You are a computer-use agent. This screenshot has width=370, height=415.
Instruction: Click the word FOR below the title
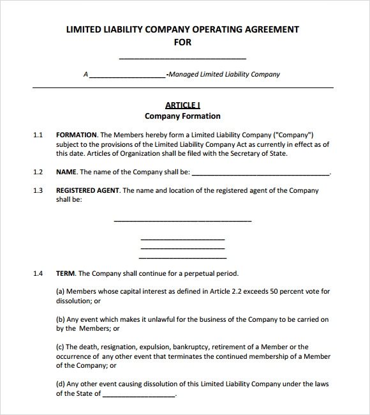tap(182, 42)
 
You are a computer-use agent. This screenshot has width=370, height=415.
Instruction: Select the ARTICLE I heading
tap(182, 105)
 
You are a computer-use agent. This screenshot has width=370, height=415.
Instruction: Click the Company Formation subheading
tap(182, 116)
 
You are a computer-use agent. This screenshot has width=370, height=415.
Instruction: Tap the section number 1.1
tap(38, 135)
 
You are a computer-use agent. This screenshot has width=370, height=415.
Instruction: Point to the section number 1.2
tap(38, 172)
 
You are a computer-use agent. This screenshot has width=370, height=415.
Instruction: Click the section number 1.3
tap(38, 190)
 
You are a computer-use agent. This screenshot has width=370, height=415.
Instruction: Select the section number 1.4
tap(38, 273)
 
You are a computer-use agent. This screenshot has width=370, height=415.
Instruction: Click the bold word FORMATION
tap(77, 135)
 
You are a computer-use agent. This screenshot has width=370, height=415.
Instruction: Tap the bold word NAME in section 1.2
tap(66, 172)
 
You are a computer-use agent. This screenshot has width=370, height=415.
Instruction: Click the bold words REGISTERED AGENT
tap(87, 190)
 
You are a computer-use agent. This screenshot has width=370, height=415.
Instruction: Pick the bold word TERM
tap(66, 273)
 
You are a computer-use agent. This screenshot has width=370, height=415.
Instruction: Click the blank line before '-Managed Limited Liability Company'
tap(127, 76)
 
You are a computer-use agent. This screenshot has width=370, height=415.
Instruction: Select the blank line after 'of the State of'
tap(138, 395)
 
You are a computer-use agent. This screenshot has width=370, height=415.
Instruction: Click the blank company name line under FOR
tap(182, 58)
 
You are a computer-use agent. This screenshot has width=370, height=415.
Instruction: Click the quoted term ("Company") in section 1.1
tap(293, 135)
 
